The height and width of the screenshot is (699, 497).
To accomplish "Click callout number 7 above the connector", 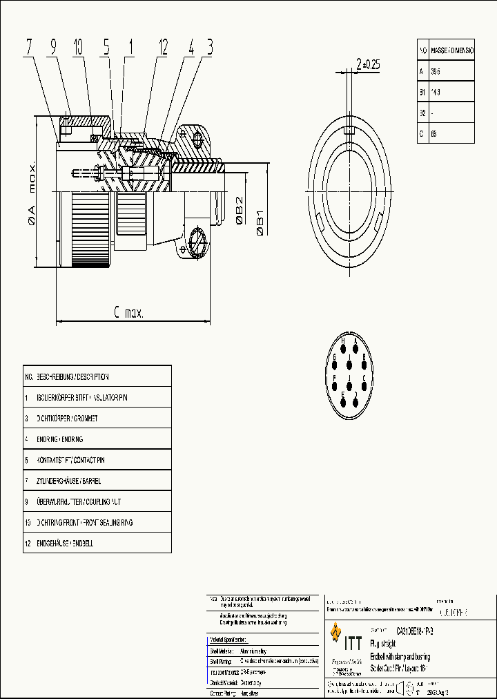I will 29,48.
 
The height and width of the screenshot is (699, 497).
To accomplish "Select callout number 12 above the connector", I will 163,48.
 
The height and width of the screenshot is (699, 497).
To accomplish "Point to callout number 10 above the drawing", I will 77,48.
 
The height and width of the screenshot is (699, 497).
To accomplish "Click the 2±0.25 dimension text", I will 367,64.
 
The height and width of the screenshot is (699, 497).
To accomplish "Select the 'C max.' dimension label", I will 128,314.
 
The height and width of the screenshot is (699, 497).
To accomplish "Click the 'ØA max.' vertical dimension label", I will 32,193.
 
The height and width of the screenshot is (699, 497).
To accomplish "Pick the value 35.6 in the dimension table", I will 436,71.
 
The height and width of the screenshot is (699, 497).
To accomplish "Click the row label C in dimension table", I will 421,133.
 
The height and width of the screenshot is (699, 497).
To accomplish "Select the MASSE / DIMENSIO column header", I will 452,51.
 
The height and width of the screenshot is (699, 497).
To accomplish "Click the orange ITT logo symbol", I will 337,632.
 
